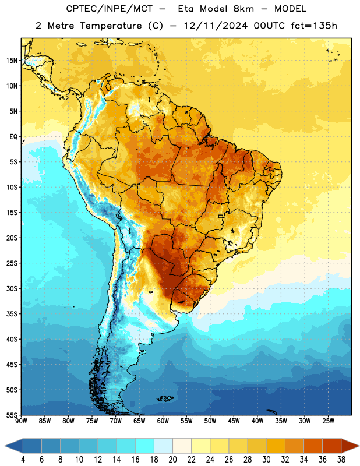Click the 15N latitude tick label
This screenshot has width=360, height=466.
tap(12, 61)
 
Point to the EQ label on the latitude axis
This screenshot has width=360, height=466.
tap(13, 137)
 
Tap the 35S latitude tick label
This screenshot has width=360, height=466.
tap(12, 314)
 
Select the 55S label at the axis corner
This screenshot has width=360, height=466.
tap(12, 415)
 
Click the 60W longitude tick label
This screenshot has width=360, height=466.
tap(163, 421)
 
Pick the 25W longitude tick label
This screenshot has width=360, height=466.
tap(328, 421)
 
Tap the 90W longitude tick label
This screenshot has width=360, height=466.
tap(21, 421)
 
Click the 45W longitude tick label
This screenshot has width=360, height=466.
tap(234, 421)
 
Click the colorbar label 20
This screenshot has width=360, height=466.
tap(172, 460)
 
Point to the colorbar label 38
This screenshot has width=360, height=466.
tap(341, 460)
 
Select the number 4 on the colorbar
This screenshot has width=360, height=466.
tap(23, 460)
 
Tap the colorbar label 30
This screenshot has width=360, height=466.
tap(266, 460)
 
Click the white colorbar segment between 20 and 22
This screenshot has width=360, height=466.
tap(182, 446)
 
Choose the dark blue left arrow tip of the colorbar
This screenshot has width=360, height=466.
tap(5, 446)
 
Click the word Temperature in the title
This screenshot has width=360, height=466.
tap(111, 26)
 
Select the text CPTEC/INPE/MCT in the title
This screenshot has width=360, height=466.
tap(110, 9)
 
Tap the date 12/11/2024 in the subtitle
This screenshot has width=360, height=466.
tap(216, 26)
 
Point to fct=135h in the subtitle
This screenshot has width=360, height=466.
tap(314, 26)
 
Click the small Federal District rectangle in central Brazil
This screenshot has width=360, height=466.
tap(221, 216)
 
